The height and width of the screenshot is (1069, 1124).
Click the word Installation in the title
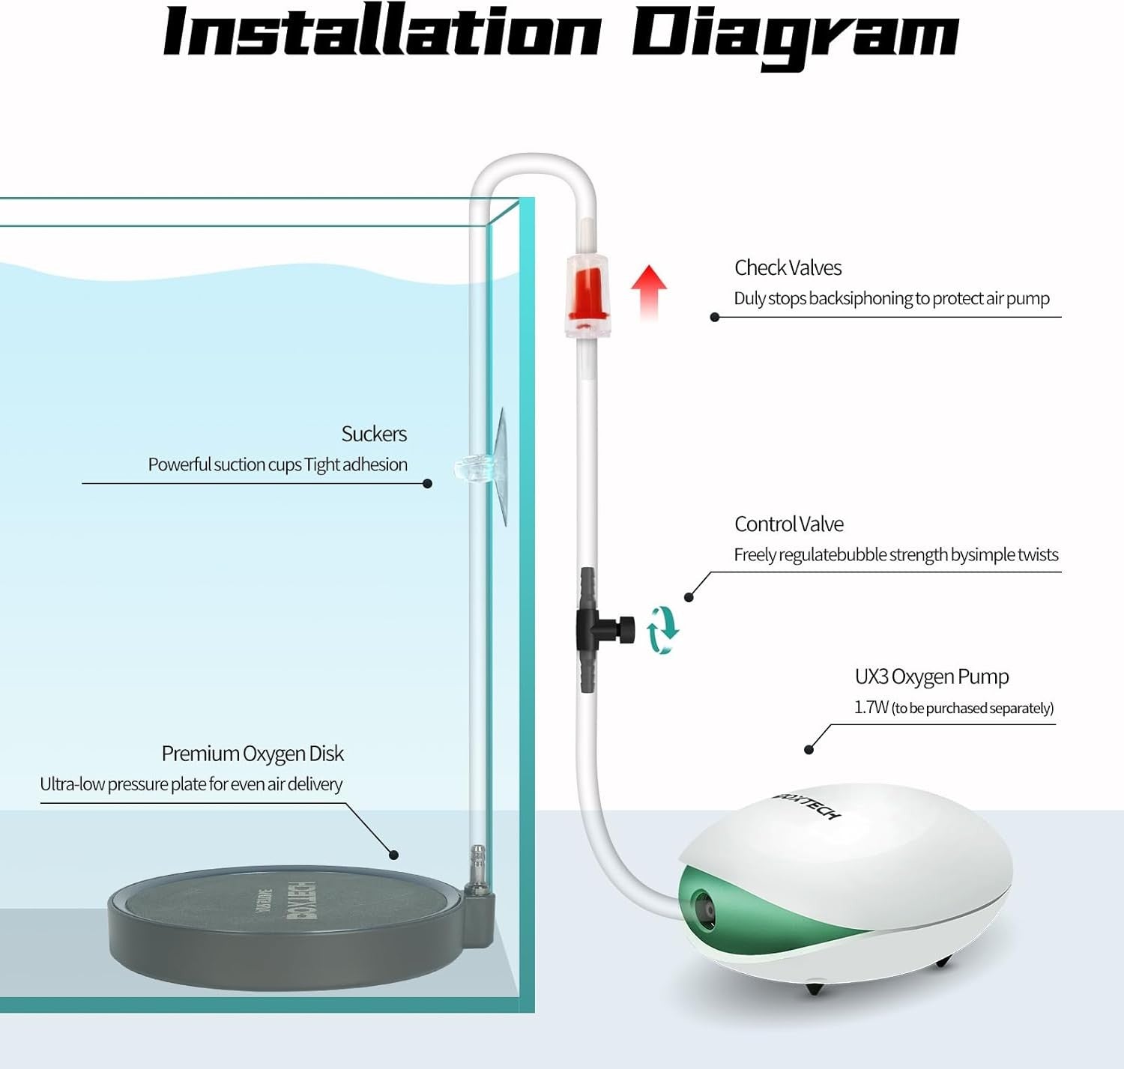[x=382, y=31]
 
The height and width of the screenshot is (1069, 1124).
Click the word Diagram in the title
[x=796, y=37]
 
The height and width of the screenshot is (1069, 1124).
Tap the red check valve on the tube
[x=587, y=297]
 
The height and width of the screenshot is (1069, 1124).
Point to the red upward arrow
[x=649, y=292]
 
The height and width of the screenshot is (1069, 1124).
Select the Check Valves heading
[x=788, y=267]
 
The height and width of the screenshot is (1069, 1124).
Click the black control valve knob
[x=626, y=629]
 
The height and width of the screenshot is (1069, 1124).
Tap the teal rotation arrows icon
[x=662, y=631]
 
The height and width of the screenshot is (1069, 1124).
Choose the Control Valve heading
[x=789, y=524]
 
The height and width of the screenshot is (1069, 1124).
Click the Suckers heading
[x=374, y=434]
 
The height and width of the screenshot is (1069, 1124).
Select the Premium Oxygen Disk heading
[x=253, y=754]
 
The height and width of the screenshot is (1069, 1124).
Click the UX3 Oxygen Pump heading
[x=931, y=676]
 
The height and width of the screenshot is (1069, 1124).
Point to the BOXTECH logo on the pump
[x=807, y=805]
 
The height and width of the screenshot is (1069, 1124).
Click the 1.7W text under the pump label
[x=871, y=708]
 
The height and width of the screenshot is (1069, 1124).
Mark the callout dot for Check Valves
[x=715, y=318]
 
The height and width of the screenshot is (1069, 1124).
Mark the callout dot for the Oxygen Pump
[x=809, y=750]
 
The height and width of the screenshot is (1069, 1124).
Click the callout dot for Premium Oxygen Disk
[x=393, y=855]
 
